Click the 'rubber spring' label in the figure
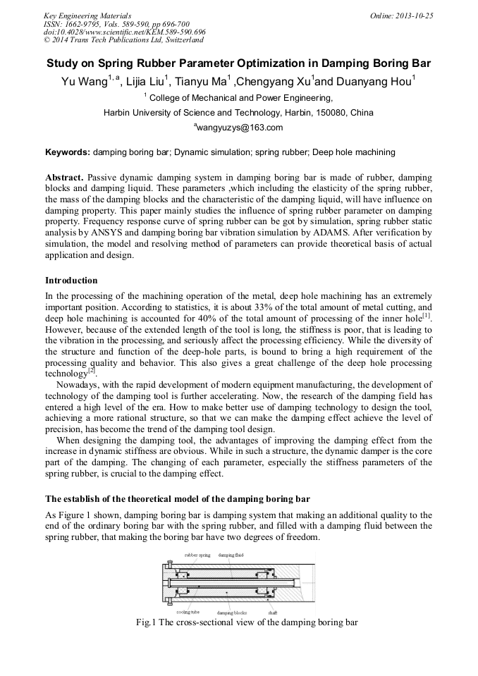point(197,555)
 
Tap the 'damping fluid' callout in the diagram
point(231,555)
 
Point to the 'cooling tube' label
point(187,612)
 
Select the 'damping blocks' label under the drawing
point(231,613)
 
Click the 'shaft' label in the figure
point(272,612)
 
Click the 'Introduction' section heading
point(71,281)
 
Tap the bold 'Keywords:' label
point(68,152)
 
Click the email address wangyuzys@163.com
point(240,128)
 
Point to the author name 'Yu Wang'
point(84,82)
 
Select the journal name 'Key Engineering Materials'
point(87,15)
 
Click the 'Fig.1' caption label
point(147,623)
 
